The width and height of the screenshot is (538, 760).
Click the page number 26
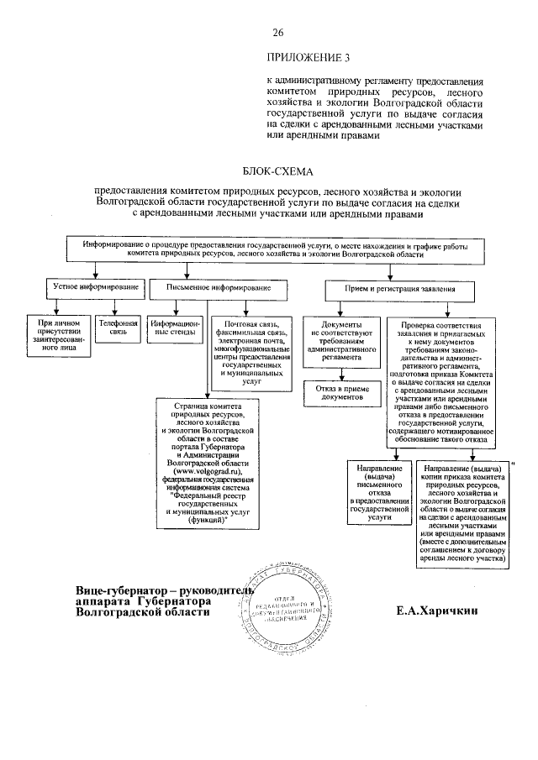(x=279, y=33)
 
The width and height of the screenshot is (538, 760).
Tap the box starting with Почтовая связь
(x=251, y=351)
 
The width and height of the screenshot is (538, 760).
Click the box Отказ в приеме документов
(x=335, y=394)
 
